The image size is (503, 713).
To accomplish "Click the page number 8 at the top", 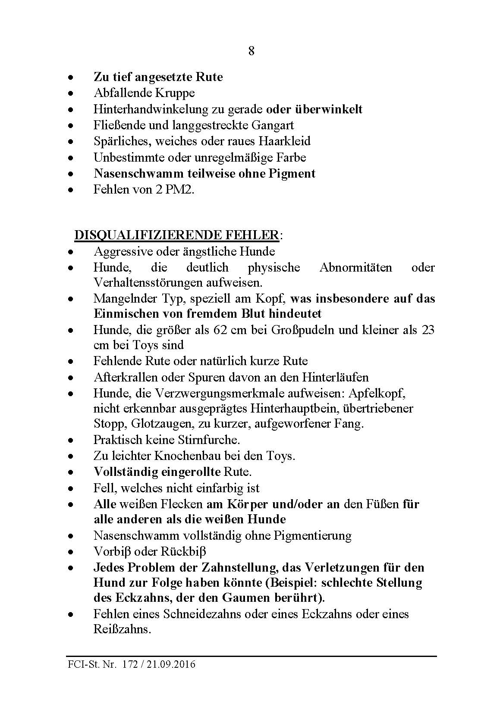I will (252, 51).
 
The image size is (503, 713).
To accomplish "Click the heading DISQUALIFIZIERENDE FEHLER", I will (176, 235).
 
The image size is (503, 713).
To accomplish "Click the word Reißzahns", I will (122, 629).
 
